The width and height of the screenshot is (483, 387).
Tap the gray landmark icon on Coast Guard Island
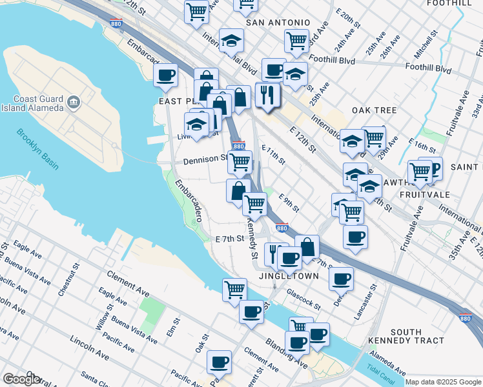click(72, 102)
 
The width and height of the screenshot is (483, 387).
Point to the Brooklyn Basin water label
click(37, 150)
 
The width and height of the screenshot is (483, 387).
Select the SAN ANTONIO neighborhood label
click(278, 23)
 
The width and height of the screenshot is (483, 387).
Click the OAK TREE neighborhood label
click(374, 111)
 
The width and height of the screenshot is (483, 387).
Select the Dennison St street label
click(205, 159)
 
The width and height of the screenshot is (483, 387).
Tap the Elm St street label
click(173, 325)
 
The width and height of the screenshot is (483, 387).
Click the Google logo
click(21, 379)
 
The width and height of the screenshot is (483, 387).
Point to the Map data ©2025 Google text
click(442, 382)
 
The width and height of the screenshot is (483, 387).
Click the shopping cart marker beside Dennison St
click(240, 163)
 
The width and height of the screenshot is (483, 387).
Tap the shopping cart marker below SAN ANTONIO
click(296, 41)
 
